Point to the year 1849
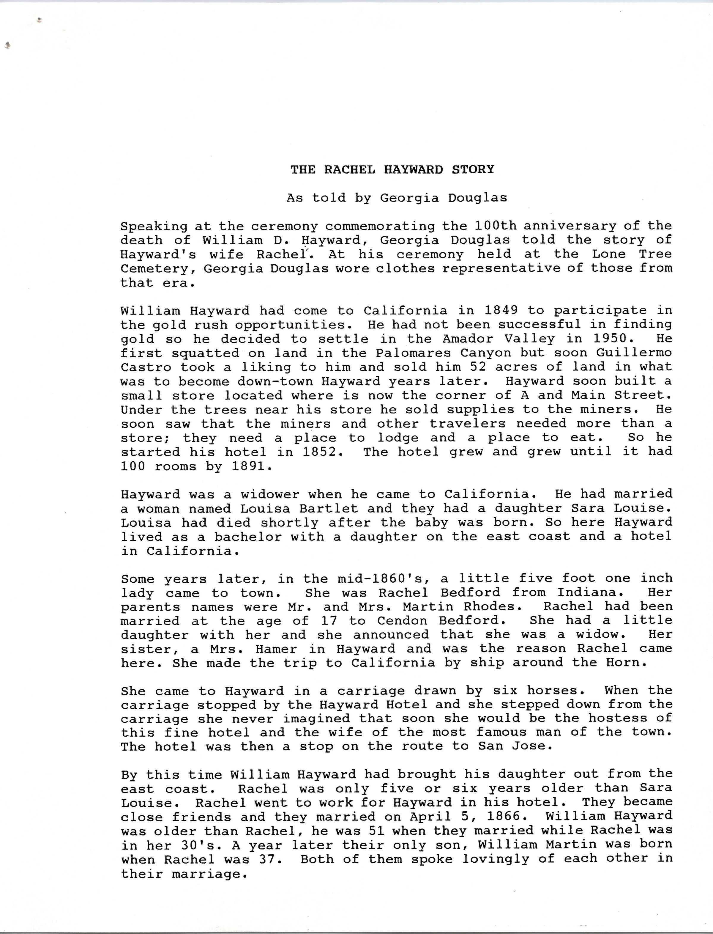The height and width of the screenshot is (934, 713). (x=501, y=310)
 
